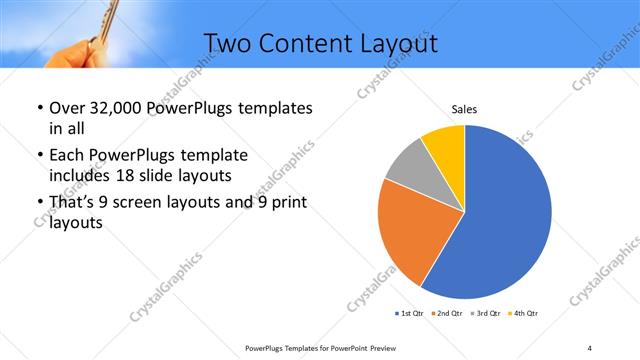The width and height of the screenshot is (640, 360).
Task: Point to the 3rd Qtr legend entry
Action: [x=484, y=314]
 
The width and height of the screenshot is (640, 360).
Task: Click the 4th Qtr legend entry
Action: [x=523, y=314]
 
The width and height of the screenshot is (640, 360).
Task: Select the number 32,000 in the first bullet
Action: [x=108, y=107]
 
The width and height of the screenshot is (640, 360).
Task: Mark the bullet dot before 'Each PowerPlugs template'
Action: [x=38, y=156]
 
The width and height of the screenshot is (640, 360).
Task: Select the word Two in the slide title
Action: [x=225, y=43]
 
